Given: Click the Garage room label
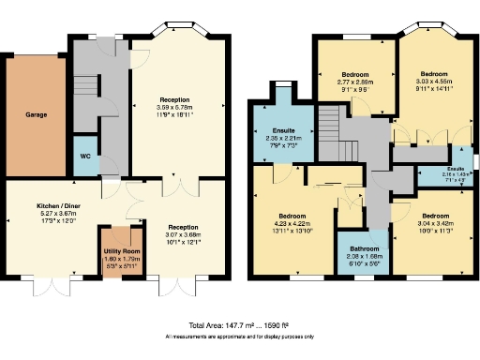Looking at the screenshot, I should (36, 115).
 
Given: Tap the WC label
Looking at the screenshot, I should (84, 156).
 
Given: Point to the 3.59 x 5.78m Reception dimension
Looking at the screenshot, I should (174, 105).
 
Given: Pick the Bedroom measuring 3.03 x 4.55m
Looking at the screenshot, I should (434, 81).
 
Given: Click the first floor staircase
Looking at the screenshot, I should (329, 121).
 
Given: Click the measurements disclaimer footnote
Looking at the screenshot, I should (239, 335).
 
